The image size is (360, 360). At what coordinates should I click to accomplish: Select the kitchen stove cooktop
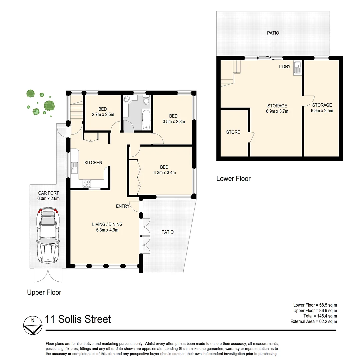[87, 183]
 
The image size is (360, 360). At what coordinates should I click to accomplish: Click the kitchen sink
[74, 168]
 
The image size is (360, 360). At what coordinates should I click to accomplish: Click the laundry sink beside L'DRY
[297, 69]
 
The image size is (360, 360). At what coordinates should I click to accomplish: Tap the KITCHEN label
[93, 162]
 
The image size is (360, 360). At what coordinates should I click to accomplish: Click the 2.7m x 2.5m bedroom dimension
[102, 114]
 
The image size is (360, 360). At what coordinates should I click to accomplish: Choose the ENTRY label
[122, 206]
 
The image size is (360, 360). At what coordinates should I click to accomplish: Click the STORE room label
[233, 132]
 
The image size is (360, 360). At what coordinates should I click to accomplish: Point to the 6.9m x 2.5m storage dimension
[322, 111]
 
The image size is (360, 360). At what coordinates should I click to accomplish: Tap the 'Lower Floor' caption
[233, 179]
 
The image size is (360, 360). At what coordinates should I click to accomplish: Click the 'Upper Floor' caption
[44, 292]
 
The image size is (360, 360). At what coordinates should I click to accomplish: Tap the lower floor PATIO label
[273, 33]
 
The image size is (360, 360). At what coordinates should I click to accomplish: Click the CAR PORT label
[49, 193]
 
